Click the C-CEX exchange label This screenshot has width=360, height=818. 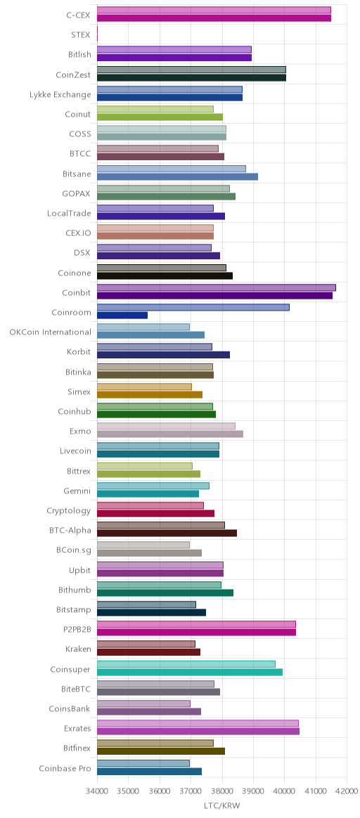tap(78, 15)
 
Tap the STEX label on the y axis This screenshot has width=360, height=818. tap(81, 35)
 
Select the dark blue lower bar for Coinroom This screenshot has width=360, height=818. tap(122, 315)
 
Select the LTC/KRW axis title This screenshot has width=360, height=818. tap(221, 806)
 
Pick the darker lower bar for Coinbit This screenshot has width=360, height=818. tap(214, 295)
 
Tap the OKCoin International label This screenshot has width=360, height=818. tap(50, 332)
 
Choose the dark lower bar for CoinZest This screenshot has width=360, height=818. tap(191, 78)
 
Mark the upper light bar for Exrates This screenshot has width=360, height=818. tap(198, 723)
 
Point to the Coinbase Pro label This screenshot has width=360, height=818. tap(65, 768)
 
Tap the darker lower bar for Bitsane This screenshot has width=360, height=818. tap(177, 176)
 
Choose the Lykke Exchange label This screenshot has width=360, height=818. tap(60, 94)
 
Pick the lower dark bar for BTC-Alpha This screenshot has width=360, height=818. tap(167, 533)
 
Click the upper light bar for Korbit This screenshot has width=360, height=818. tap(155, 347)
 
